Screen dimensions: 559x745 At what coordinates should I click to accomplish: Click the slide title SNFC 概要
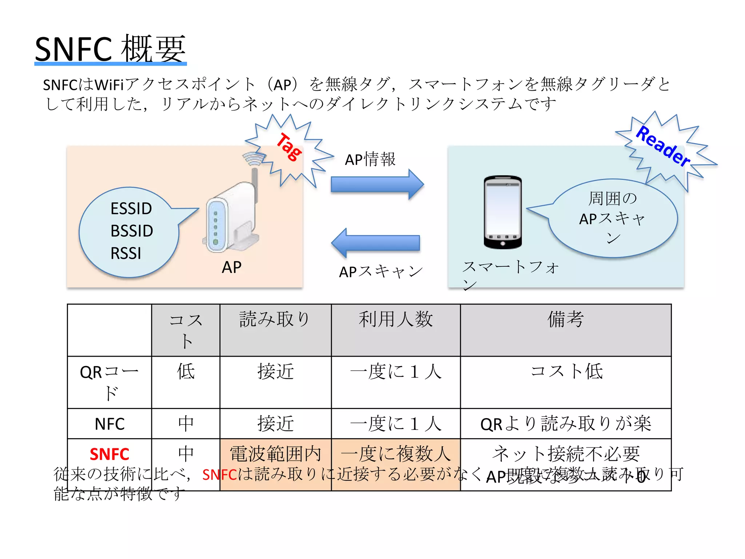point(110,49)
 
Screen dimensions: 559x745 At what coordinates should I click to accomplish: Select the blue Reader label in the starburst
point(663,146)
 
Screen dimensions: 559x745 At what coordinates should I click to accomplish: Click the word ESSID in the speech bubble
point(131,209)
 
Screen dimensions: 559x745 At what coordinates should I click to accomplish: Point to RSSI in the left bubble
point(126,253)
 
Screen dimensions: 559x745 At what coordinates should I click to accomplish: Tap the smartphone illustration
point(502,212)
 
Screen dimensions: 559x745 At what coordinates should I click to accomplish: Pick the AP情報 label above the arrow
point(370,159)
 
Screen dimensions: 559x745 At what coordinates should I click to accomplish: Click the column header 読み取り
point(275,320)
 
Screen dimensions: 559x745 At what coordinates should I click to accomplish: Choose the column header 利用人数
point(395,320)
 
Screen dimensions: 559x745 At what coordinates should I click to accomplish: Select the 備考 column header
point(566,320)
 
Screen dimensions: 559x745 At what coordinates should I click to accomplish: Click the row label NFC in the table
point(109,424)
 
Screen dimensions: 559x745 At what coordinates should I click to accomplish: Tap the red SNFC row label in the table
point(109,454)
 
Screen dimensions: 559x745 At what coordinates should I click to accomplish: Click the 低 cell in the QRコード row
point(186,372)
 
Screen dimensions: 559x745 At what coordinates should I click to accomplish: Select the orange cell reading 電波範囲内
point(275,454)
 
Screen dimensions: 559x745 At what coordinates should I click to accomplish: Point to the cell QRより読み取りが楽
point(566,424)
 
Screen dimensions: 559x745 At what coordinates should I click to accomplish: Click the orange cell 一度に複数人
point(395,454)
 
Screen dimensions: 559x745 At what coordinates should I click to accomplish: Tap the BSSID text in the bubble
point(132,231)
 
